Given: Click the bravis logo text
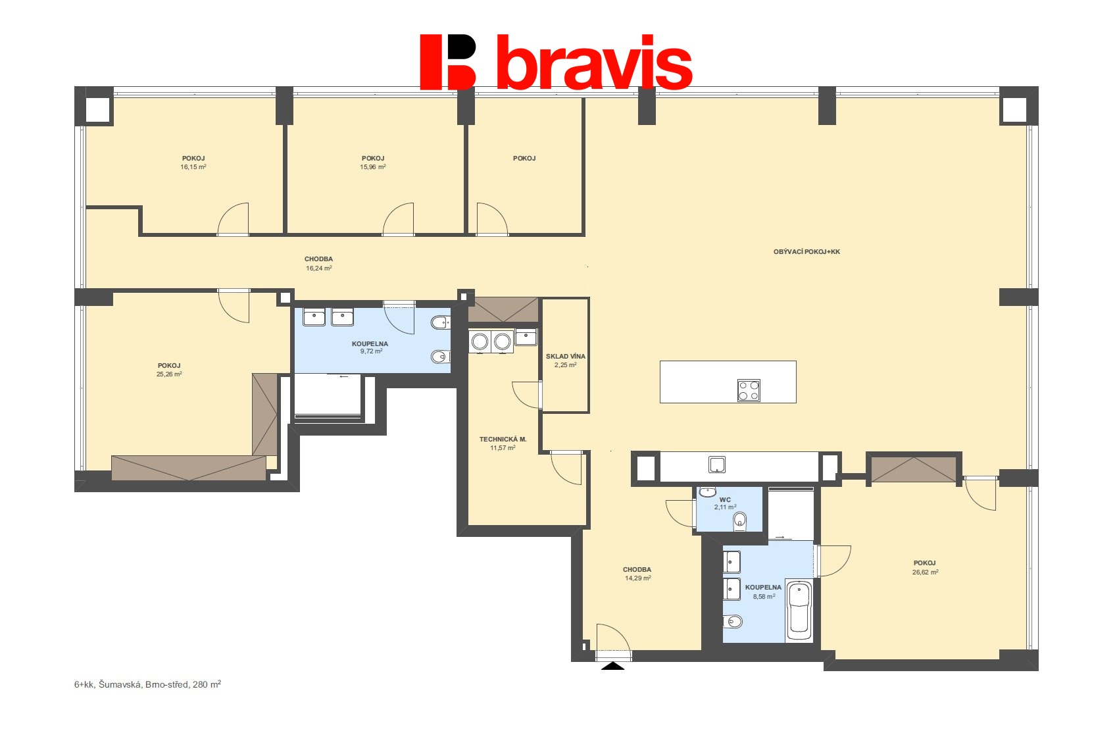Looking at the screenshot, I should pyautogui.click(x=594, y=63).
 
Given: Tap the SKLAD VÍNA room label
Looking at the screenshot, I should pyautogui.click(x=565, y=357).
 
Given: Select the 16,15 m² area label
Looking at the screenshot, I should pyautogui.click(x=193, y=167).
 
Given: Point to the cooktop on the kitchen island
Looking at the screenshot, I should pyautogui.click(x=749, y=390).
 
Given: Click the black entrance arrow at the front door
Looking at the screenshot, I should pyautogui.click(x=613, y=666).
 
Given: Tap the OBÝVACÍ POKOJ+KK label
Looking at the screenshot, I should pyautogui.click(x=806, y=252).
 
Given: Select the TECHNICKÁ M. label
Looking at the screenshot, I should pyautogui.click(x=503, y=440).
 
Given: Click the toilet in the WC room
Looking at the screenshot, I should pyautogui.click(x=740, y=521).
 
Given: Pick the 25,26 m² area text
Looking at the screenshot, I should pyautogui.click(x=169, y=374).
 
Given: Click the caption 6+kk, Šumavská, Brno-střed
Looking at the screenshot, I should pyautogui.click(x=147, y=684).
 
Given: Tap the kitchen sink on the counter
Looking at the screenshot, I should pyautogui.click(x=717, y=465).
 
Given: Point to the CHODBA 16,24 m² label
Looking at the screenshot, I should pyautogui.click(x=318, y=264).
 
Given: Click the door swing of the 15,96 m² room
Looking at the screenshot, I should pyautogui.click(x=399, y=220).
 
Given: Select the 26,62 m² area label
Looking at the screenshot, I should pyautogui.click(x=925, y=572).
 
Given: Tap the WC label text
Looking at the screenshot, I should pyautogui.click(x=725, y=500).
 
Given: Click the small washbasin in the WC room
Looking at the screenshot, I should pyautogui.click(x=707, y=492).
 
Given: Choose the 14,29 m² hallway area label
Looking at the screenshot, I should pyautogui.click(x=637, y=578).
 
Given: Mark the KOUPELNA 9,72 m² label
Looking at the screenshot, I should pyautogui.click(x=370, y=347).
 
